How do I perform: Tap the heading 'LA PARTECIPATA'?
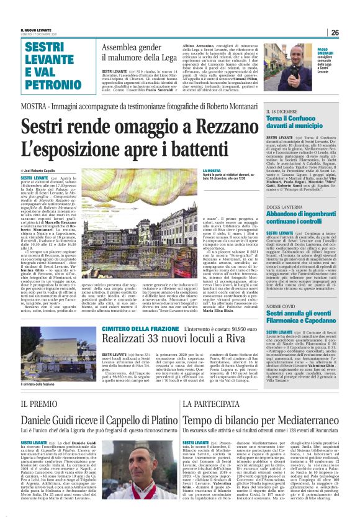coord(200,404)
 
